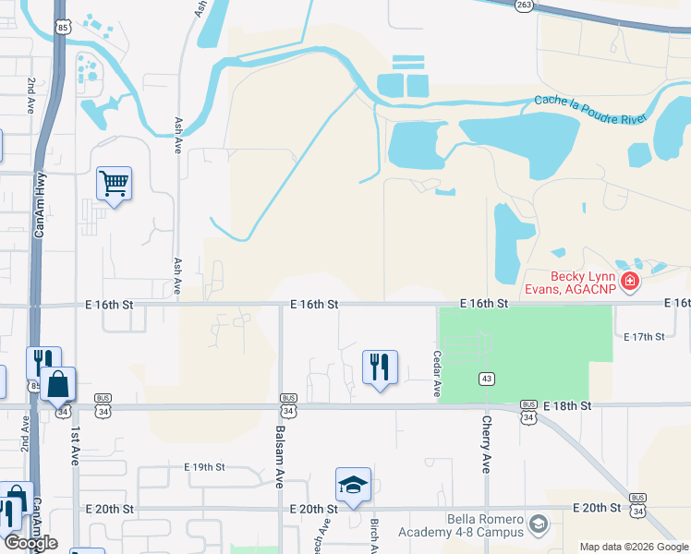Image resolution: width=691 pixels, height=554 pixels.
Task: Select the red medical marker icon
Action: point(630,281)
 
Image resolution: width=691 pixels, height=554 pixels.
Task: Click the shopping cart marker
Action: point(114,183)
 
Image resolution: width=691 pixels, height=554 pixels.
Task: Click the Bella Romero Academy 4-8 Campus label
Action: point(461,525)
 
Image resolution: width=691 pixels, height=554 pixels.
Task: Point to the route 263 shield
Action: point(524,5)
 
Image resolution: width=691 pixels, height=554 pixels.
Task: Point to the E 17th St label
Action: point(645,337)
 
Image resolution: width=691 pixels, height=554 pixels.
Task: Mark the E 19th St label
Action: point(204,467)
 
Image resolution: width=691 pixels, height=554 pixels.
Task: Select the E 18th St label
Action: point(567,406)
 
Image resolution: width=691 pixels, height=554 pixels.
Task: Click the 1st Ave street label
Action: point(72,444)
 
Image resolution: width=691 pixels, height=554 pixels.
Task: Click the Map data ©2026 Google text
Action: point(634,547)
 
